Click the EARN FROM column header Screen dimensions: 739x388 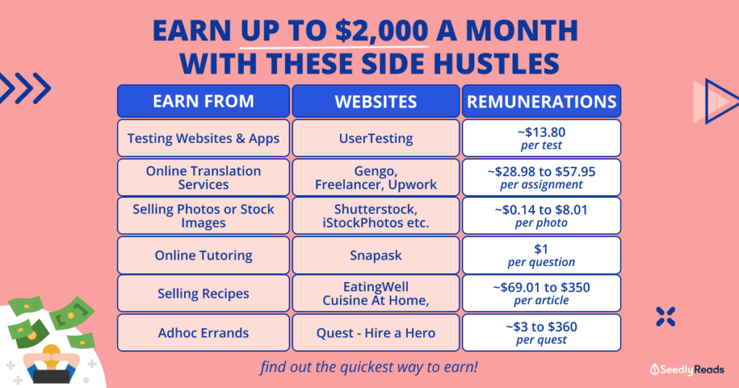(x=203, y=101)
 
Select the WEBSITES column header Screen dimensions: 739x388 (x=375, y=101)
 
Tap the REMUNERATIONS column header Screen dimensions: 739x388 (x=541, y=101)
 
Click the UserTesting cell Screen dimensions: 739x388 (x=375, y=138)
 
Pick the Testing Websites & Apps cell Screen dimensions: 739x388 (x=203, y=138)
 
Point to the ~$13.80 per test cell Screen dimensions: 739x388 (x=541, y=138)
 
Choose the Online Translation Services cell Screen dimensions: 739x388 (x=203, y=177)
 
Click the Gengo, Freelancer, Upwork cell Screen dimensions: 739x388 (x=375, y=177)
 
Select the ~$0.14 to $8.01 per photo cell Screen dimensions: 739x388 (x=541, y=216)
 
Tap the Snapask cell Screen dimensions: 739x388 (x=375, y=255)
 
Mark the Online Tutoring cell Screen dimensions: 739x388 (x=203, y=255)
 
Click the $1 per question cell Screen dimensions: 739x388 (x=541, y=255)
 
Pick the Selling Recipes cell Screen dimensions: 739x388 (x=203, y=294)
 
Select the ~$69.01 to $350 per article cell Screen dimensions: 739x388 (x=541, y=294)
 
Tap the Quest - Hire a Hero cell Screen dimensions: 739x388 (x=375, y=333)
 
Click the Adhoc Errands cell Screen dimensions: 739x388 (x=203, y=333)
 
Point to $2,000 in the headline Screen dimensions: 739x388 (x=382, y=31)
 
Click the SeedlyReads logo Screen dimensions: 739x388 (x=687, y=370)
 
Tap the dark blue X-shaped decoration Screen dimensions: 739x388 (x=665, y=317)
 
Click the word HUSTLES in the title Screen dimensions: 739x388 (x=496, y=64)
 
